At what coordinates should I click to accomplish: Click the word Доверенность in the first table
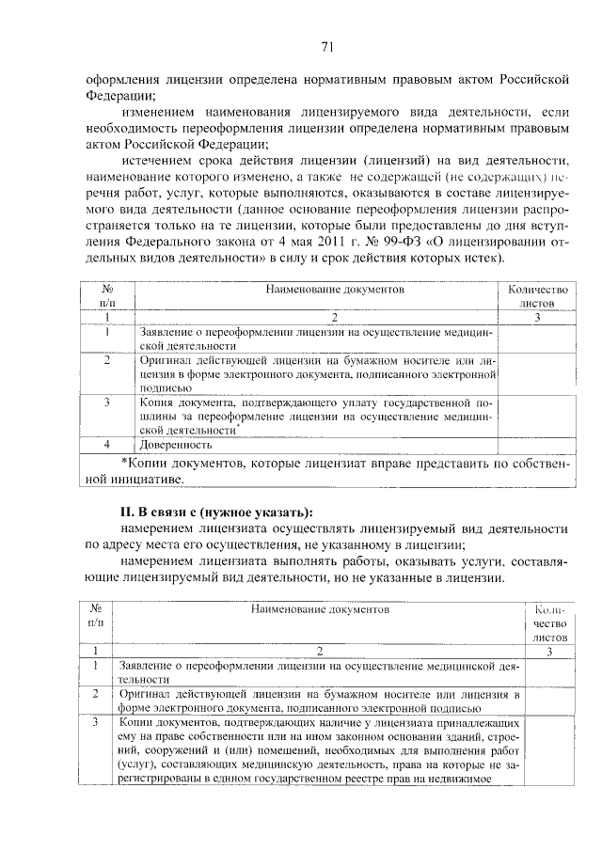pos(175,444)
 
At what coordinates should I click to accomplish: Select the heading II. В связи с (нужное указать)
pos(212,512)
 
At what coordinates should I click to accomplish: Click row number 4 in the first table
pos(107,444)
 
